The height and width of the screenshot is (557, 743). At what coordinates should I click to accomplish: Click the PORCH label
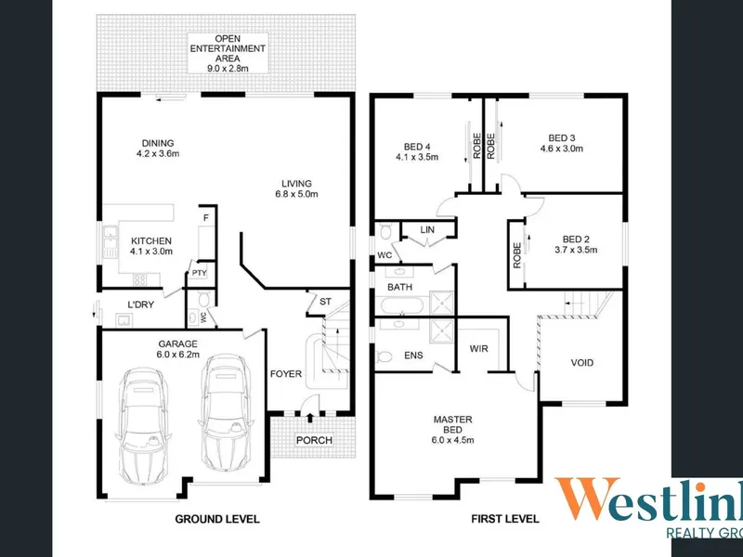click(314, 440)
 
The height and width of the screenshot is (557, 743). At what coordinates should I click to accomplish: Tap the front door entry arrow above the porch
click(310, 418)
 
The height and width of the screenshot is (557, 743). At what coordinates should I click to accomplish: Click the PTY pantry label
click(199, 273)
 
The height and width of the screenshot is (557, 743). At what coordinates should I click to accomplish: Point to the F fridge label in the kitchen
click(205, 218)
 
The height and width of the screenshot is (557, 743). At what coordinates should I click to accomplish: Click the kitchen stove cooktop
click(140, 280)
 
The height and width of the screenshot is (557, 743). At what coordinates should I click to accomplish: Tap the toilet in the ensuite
click(385, 356)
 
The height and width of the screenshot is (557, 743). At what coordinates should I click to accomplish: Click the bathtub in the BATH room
click(402, 305)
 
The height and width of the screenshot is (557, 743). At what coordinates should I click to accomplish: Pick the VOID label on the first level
click(582, 363)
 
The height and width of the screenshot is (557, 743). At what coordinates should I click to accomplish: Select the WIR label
click(478, 349)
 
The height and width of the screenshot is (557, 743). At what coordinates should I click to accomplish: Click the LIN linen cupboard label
click(427, 229)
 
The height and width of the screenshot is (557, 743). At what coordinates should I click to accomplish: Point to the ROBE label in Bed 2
click(517, 255)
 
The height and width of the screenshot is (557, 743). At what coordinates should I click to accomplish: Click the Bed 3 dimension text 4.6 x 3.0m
click(562, 149)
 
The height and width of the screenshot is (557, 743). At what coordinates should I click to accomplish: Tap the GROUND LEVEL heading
click(217, 519)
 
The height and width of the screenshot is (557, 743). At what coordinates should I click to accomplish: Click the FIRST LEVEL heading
click(505, 519)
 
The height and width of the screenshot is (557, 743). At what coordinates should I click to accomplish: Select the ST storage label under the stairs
click(326, 302)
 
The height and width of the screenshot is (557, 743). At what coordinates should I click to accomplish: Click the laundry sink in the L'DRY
click(124, 320)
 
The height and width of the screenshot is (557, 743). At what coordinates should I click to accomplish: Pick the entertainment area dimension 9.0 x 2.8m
click(228, 68)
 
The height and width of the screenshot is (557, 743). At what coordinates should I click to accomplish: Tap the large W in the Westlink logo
click(588, 499)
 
